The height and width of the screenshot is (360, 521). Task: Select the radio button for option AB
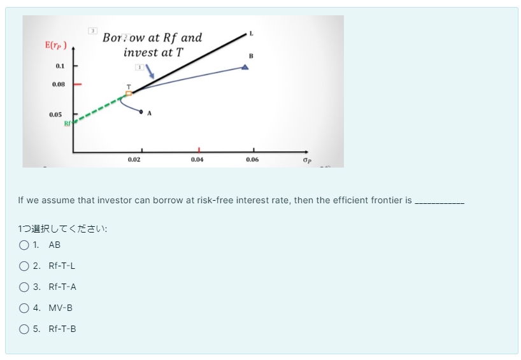pos(24,245)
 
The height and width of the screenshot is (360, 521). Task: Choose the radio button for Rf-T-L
pos(24,266)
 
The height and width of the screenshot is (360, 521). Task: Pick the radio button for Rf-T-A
pos(24,287)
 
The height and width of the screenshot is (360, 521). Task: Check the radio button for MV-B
pos(24,308)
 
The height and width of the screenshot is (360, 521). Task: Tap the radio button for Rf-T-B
pos(24,329)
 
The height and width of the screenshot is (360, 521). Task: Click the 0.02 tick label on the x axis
pos(134,159)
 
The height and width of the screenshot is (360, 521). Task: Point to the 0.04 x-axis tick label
pos(197,159)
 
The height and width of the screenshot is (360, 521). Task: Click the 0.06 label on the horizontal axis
pos(252,159)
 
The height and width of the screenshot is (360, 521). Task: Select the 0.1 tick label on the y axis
pos(60,66)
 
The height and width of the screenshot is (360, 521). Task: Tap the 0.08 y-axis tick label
pos(58,83)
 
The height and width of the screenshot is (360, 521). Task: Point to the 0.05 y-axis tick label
pos(55,115)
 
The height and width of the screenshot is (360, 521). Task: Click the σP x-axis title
pos(308,159)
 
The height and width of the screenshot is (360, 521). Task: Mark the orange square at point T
pos(129,93)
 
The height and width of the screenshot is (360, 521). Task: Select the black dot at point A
pos(141,112)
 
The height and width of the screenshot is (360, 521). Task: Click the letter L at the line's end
pos(251,32)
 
